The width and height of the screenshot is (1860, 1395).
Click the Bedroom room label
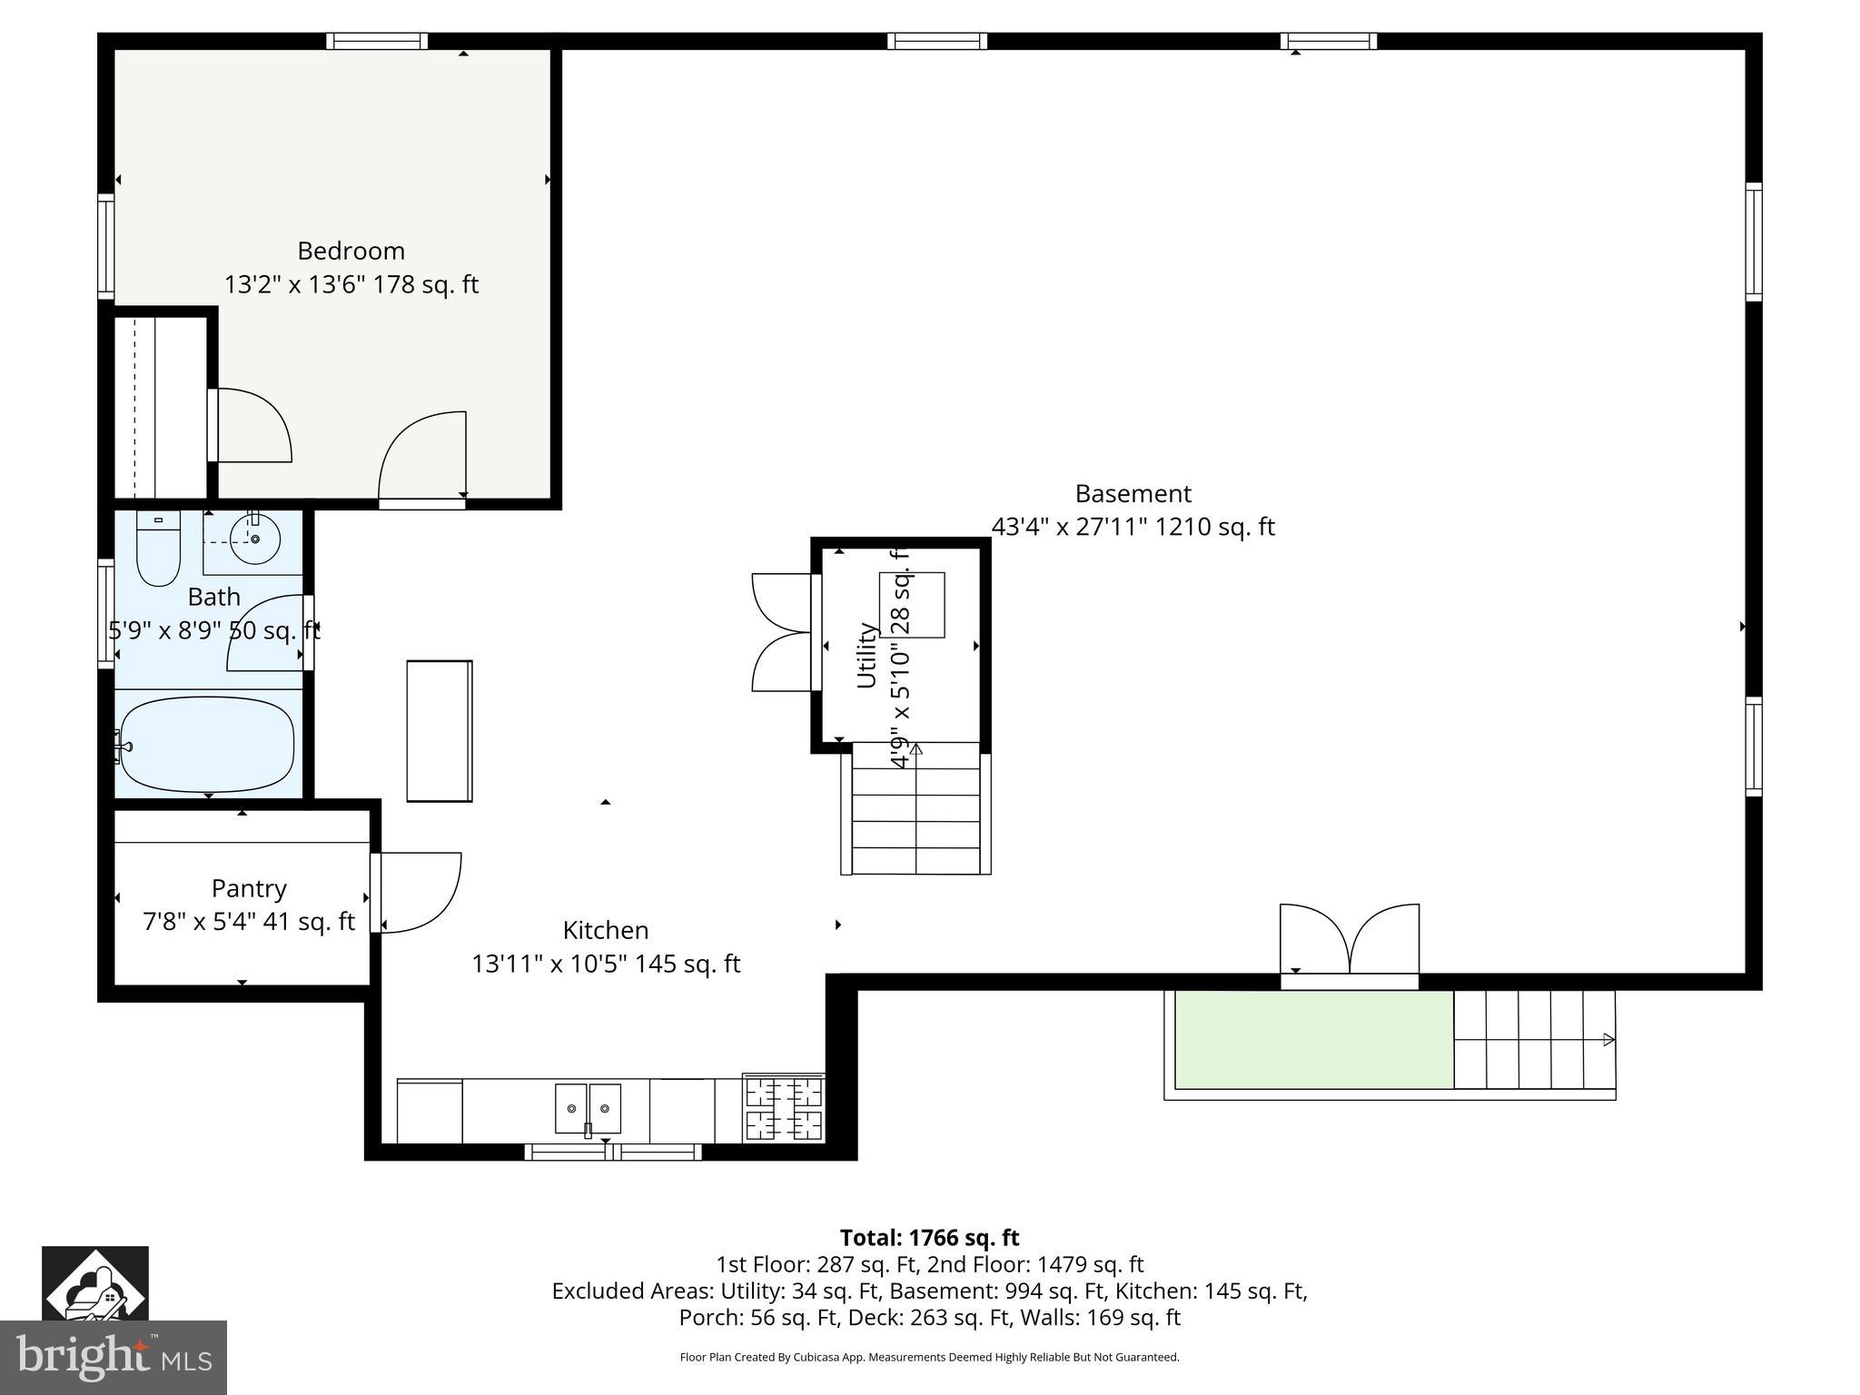[351, 251]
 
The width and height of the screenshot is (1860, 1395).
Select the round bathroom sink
[255, 539]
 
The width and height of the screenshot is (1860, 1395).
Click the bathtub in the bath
[208, 744]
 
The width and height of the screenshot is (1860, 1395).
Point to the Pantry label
[249, 888]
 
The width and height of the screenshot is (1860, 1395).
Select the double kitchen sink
[589, 1108]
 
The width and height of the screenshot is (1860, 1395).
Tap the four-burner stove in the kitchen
[784, 1109]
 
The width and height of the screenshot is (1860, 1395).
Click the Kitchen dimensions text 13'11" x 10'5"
[606, 964]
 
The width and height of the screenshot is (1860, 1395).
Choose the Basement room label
[1133, 493]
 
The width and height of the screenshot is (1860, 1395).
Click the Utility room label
[866, 655]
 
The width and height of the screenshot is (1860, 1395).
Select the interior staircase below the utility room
[916, 808]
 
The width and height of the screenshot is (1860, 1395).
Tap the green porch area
[1313, 1039]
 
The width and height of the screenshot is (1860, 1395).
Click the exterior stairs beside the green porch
[1534, 1039]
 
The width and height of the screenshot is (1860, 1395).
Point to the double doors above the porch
[1350, 940]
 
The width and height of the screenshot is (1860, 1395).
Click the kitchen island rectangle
[440, 731]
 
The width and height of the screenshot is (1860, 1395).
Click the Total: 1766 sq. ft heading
[929, 1238]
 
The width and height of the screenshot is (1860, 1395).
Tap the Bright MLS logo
[113, 1357]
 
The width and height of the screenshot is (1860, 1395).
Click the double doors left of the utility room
[781, 632]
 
